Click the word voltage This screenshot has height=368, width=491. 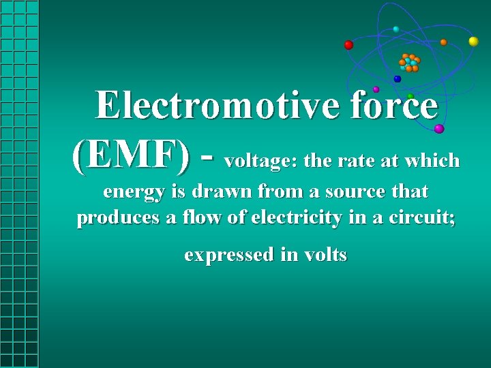(x=261, y=162)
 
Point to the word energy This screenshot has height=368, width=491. (x=134, y=193)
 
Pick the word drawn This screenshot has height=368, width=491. (x=215, y=192)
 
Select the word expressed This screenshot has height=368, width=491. (x=228, y=255)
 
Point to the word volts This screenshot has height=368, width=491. (x=326, y=255)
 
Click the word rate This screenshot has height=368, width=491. (x=355, y=162)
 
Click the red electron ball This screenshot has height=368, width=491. (x=348, y=45)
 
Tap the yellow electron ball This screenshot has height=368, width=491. (x=473, y=42)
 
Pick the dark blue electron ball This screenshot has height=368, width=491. (x=398, y=79)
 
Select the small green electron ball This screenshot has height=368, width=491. (x=410, y=96)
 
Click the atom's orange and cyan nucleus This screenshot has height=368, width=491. (x=409, y=63)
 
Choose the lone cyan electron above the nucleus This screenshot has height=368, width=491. (x=396, y=29)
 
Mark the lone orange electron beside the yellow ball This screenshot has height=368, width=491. (x=443, y=42)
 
